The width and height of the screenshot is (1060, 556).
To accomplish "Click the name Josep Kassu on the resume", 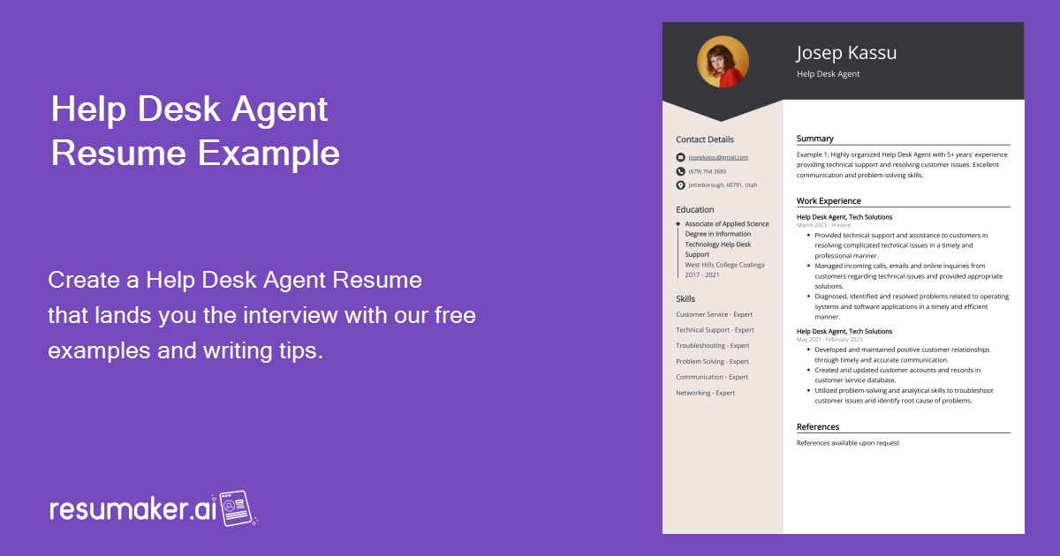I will pos(846,53).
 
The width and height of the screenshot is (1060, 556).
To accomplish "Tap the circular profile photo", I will pos(723,62).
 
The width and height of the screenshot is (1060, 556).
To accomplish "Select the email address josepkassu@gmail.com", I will pos(718,157).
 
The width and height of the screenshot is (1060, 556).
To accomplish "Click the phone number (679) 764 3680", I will pos(708,171).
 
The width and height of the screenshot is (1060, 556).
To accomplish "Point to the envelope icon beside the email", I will pos(680,157).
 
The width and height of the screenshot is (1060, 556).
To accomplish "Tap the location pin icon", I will pos(680,185).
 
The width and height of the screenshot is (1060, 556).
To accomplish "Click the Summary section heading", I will pos(814,139).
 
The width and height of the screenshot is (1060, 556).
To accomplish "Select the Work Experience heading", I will pos(829,201).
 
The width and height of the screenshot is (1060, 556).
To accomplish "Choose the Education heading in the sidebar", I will pos(695,210).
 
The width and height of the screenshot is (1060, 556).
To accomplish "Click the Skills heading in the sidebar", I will pos(685,299).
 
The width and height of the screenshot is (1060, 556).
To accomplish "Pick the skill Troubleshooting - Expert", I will pos(713,346).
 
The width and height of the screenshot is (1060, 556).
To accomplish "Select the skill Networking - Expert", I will pos(706,393).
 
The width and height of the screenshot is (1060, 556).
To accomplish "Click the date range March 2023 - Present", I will pos(824,225).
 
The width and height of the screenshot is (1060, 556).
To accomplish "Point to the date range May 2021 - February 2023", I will pos(829,340).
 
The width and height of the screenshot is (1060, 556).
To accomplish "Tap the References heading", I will pos(818,427).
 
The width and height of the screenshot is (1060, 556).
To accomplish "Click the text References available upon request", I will pos(847,443).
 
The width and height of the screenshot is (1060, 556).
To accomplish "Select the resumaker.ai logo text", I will pos(132,509).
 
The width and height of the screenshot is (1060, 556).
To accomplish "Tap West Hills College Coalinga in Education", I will pos(724,265).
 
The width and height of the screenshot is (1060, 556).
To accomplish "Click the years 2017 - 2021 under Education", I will pos(702,274).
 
